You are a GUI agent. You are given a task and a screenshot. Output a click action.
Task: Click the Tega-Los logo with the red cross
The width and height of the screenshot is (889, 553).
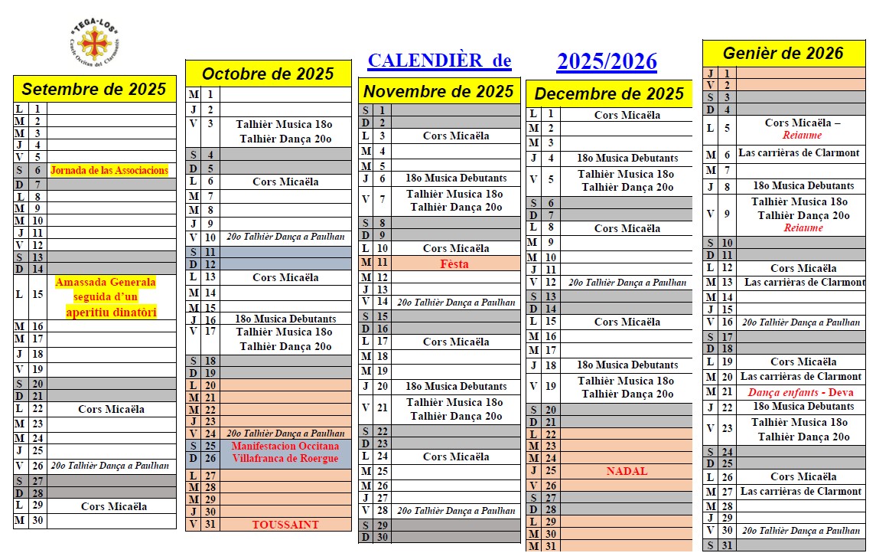tap(97, 41)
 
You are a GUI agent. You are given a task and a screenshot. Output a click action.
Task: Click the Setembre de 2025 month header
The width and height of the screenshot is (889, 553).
tap(94, 89)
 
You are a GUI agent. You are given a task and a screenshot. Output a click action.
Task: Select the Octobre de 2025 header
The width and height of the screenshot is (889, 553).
tap(268, 74)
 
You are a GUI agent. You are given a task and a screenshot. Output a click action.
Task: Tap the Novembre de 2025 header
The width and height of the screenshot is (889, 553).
tap(438, 92)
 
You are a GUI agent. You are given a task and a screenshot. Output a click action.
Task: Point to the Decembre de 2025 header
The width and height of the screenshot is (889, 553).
tap(609, 94)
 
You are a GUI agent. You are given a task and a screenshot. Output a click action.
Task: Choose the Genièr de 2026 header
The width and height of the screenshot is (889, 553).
tap(783, 54)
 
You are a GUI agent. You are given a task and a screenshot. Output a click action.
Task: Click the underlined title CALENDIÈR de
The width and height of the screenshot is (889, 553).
tap(439, 61)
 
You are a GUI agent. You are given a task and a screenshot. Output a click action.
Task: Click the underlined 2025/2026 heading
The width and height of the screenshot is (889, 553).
tap(607, 62)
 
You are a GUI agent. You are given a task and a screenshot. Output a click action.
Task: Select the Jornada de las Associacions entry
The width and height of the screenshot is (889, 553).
tap(109, 171)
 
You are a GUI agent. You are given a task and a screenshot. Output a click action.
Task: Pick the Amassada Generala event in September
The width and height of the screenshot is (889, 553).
tap(106, 297)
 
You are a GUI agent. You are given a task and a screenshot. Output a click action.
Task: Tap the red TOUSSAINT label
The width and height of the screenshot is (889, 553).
tap(285, 525)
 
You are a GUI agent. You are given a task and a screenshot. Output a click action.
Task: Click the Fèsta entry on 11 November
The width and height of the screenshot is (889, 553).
tap(454, 264)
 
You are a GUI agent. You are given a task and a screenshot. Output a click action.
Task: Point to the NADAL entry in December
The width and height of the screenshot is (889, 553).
tap(627, 471)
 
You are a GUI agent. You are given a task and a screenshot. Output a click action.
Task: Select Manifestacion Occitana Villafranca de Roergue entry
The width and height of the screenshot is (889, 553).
tap(285, 452)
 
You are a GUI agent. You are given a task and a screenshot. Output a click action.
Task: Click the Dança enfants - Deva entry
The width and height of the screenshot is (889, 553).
tap(800, 392)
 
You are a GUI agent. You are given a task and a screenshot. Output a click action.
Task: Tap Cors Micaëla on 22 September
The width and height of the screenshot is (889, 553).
tap(111, 409)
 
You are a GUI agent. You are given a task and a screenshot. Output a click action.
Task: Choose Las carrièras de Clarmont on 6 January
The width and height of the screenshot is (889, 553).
tap(799, 153)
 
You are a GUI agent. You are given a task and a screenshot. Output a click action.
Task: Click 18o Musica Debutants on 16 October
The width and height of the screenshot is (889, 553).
tap(285, 319)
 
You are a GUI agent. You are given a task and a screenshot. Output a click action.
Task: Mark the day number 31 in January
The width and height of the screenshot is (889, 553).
tap(727, 545)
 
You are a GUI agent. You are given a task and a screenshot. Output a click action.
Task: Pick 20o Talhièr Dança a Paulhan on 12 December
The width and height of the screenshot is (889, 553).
tap(627, 283)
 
